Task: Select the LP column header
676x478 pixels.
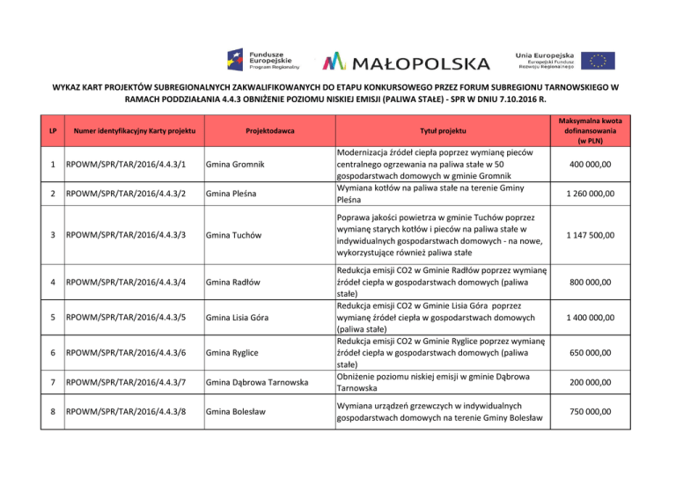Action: pyautogui.click(x=54, y=131)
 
